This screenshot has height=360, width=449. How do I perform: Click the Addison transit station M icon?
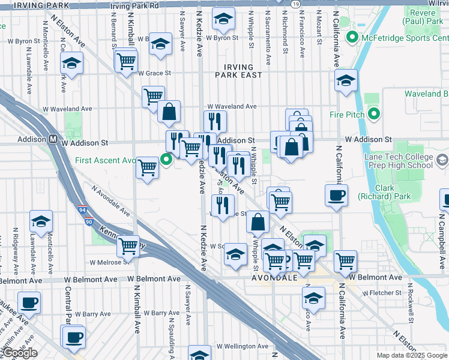pos(53,139)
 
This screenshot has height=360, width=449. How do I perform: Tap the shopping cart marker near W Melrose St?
pos(128,245)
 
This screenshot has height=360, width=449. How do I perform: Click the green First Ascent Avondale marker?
pos(167,160)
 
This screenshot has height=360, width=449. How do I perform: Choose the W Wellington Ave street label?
pos(243,346)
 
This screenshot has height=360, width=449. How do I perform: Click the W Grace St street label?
pos(154,73)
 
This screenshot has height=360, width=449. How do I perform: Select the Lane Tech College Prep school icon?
pos(442,160)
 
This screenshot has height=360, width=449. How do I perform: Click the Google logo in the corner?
pos(19,353)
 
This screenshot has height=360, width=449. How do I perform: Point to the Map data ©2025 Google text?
pos(411,355)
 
